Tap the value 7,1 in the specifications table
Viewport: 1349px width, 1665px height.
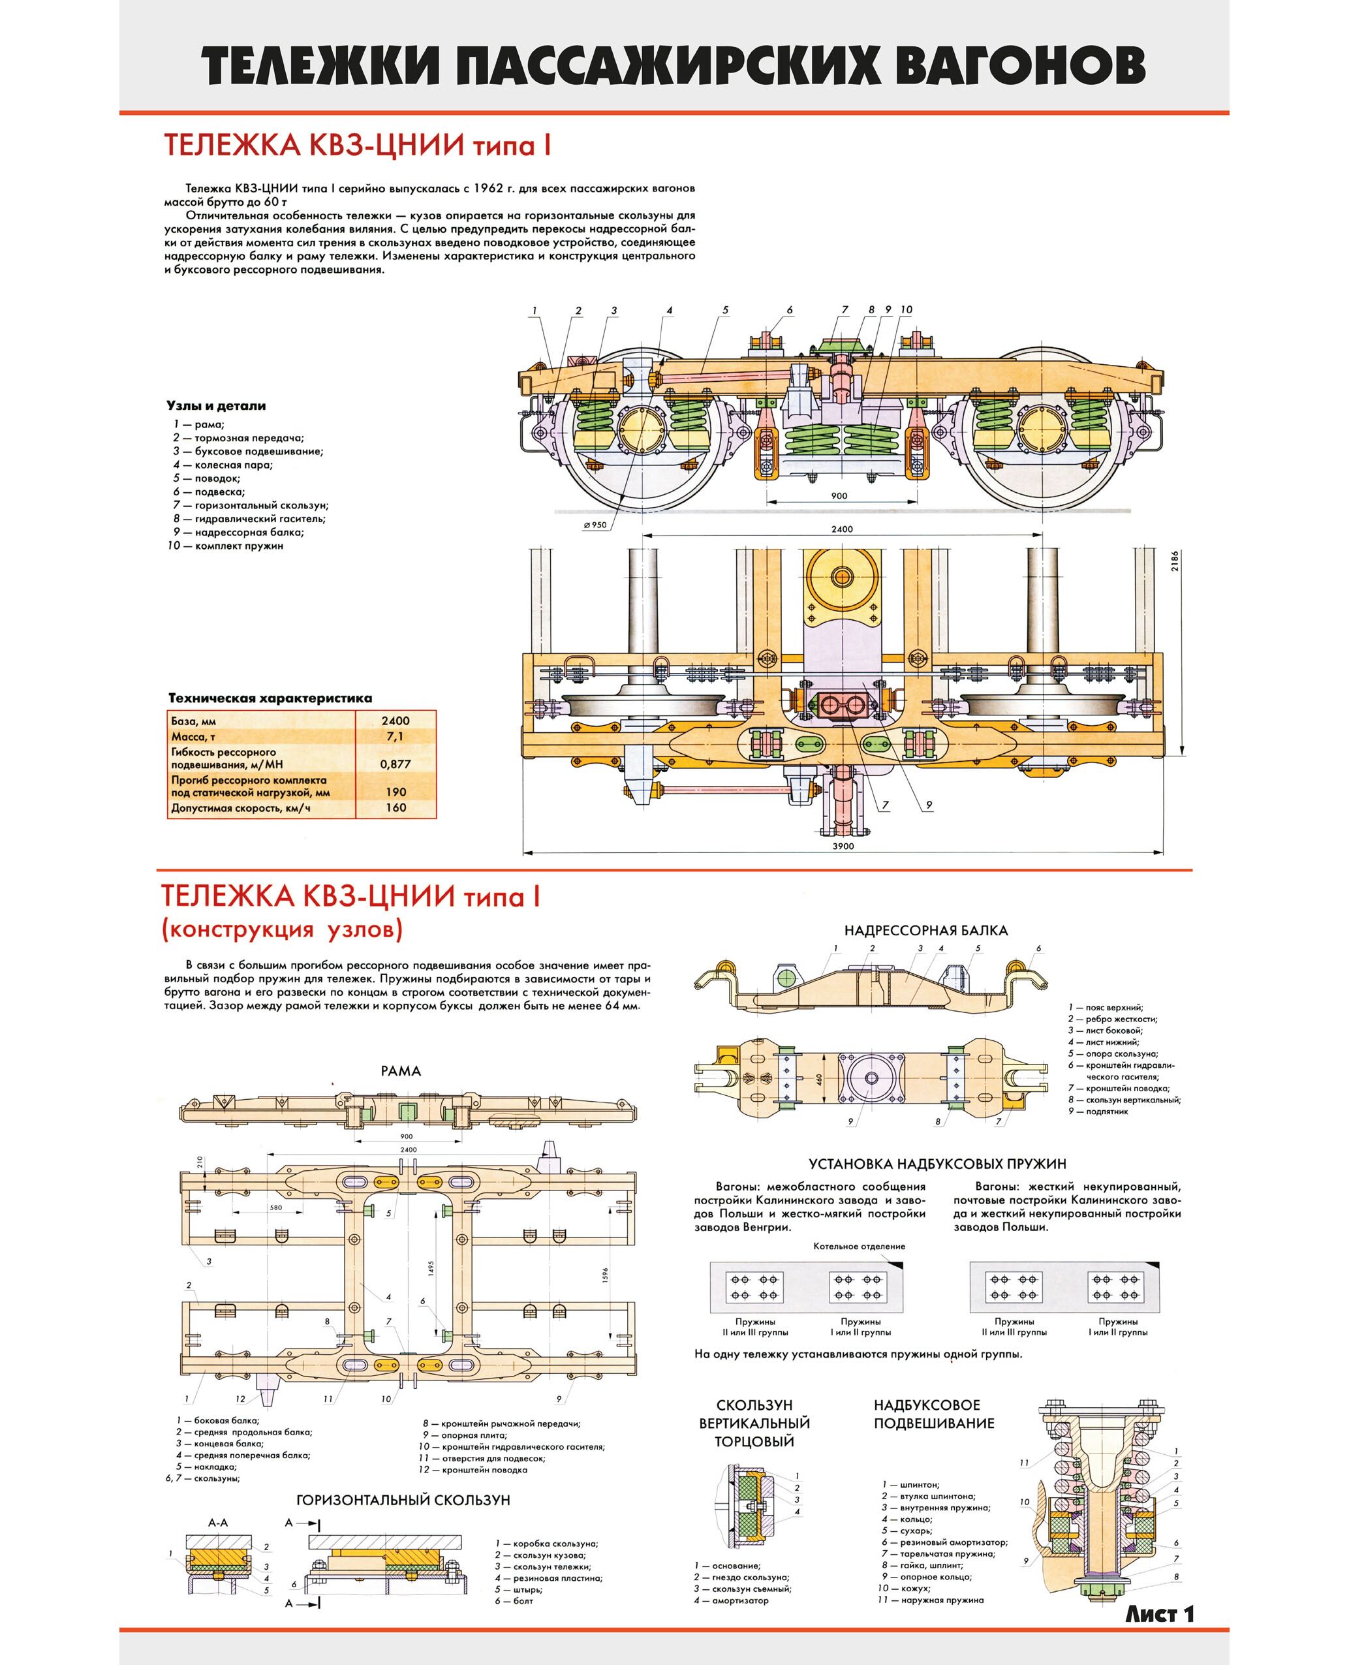pyautogui.click(x=395, y=736)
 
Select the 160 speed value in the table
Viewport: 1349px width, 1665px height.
pyautogui.click(x=395, y=807)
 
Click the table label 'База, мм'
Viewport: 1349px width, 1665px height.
pyautogui.click(x=193, y=721)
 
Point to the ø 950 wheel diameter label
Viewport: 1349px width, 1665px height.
pyautogui.click(x=595, y=525)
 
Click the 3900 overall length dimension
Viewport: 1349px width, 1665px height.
pyautogui.click(x=843, y=846)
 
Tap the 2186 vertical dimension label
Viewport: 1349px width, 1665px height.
pyautogui.click(x=1174, y=561)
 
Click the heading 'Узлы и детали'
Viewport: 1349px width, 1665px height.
pyautogui.click(x=216, y=405)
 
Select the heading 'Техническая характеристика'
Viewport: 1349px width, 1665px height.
pyautogui.click(x=270, y=698)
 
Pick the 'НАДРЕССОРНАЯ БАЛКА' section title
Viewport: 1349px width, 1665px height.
pyautogui.click(x=925, y=930)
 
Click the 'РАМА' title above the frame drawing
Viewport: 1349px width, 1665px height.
pyautogui.click(x=400, y=1070)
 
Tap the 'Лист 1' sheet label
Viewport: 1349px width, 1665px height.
pyautogui.click(x=1158, y=1613)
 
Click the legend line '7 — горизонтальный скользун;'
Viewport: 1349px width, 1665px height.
pyautogui.click(x=250, y=505)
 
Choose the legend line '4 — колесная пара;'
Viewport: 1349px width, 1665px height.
pyautogui.click(x=223, y=465)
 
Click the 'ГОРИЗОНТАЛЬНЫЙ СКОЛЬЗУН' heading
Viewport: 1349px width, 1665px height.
pyautogui.click(x=403, y=1499)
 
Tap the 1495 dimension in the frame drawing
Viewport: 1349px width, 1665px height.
pyautogui.click(x=431, y=1268)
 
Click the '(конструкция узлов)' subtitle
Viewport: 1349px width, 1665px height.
pyautogui.click(x=282, y=929)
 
